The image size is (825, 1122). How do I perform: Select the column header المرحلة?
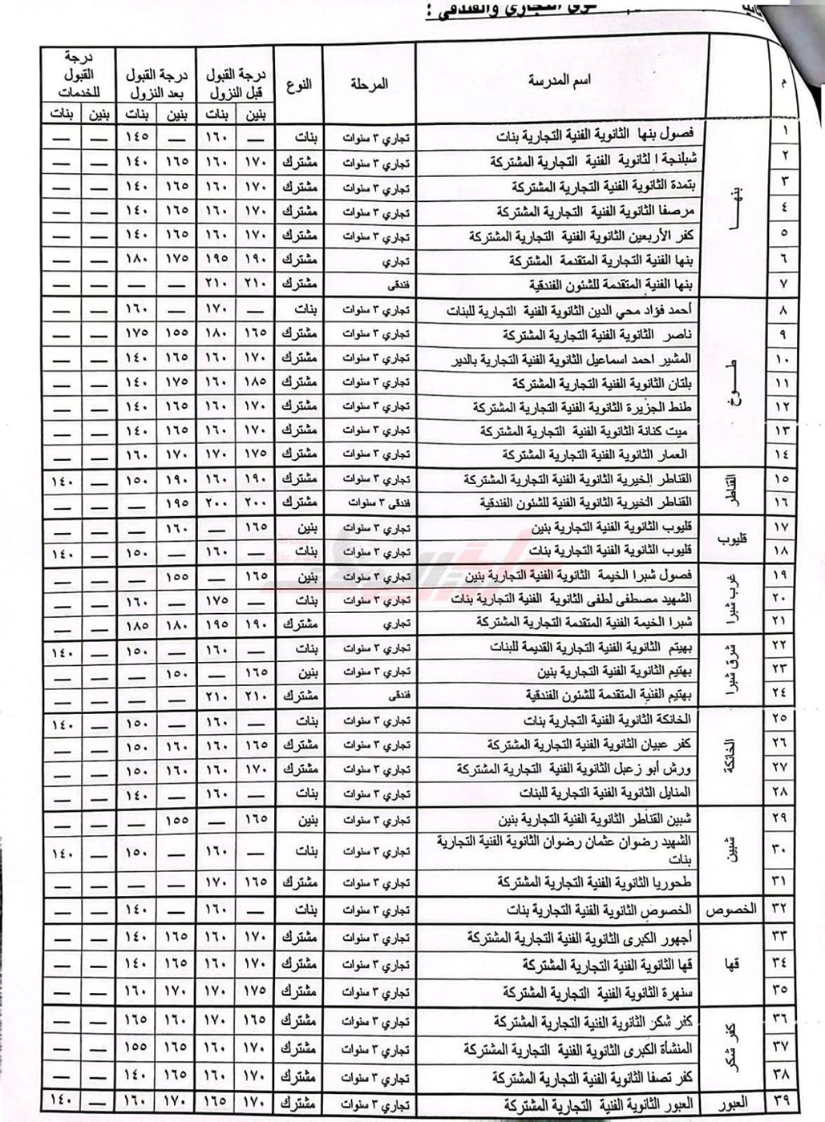click(x=370, y=83)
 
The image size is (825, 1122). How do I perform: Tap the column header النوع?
click(x=299, y=83)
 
